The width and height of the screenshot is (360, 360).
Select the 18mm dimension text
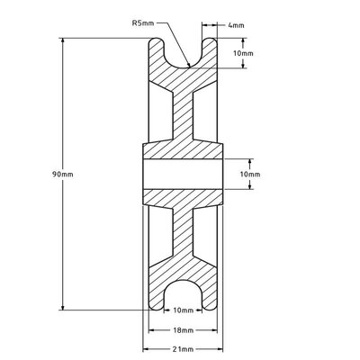tap(183, 329)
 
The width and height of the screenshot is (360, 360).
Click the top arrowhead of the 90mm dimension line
tap(62, 43)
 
